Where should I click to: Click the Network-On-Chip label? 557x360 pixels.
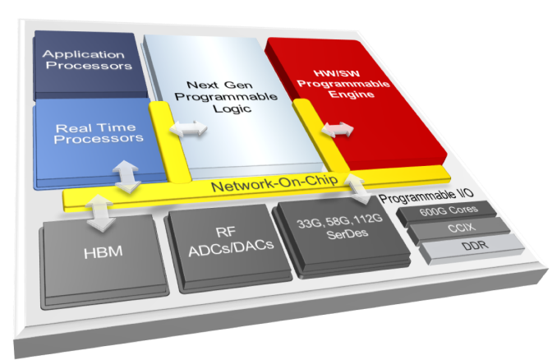(x=264, y=187)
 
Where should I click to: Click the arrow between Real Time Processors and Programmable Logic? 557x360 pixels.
(x=190, y=130)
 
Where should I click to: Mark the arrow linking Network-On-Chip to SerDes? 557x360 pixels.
(x=361, y=187)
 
